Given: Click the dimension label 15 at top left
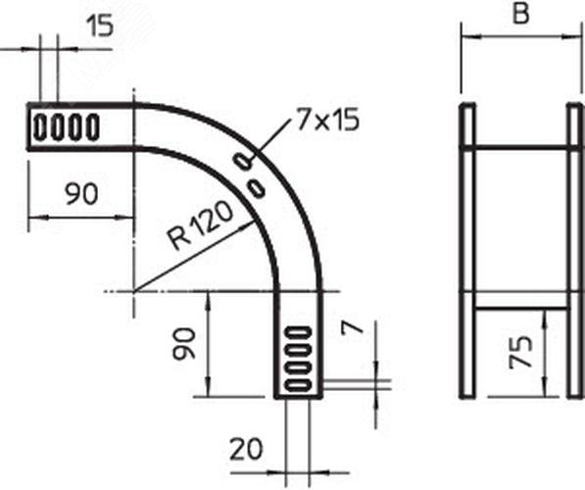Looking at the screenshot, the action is tap(100, 26).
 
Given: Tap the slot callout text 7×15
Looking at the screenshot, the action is tap(327, 121).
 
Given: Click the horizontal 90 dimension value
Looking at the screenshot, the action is tap(81, 194).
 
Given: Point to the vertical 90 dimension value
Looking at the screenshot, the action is tap(184, 344).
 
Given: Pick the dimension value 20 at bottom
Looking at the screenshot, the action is tap(246, 449).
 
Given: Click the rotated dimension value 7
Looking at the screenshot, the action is tap(353, 327).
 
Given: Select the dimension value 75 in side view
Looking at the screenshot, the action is tap(521, 353).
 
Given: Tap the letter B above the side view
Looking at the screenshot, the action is tap(521, 14).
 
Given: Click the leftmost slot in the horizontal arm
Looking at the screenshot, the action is tap(40, 126).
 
